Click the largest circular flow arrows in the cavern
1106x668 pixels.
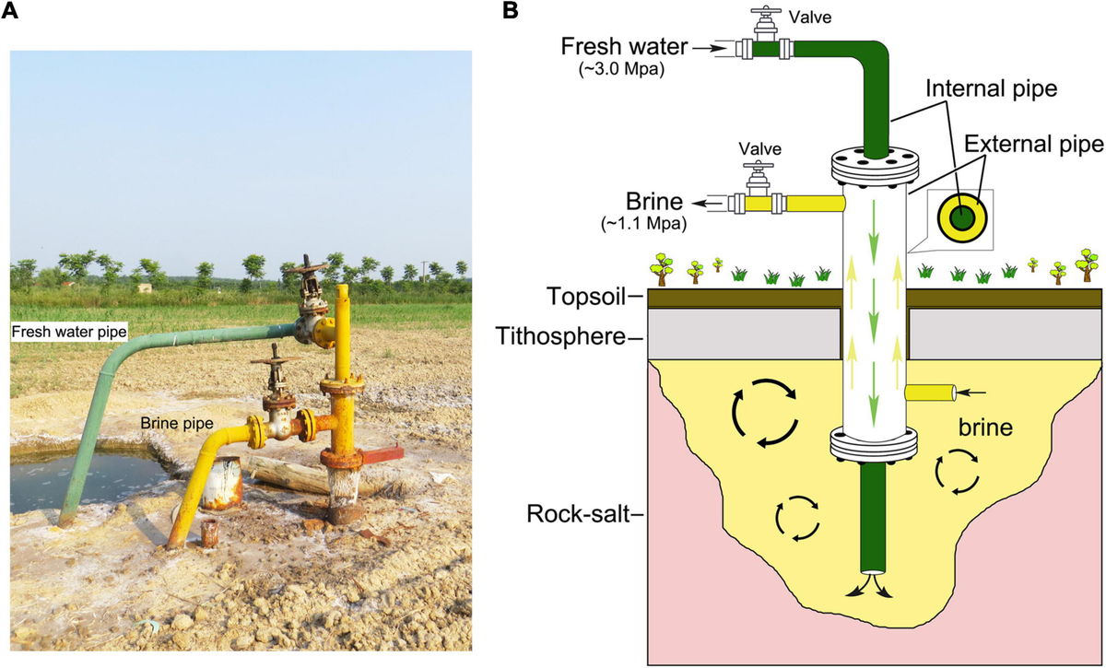coord(764,416)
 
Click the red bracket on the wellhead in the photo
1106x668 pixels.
coord(378,455)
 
